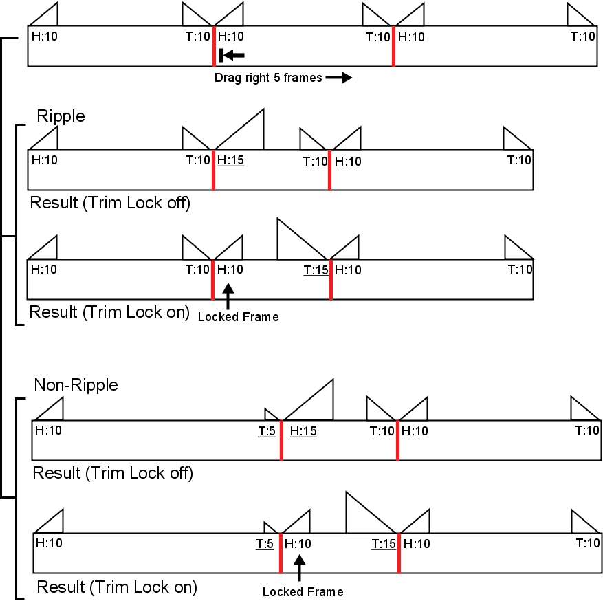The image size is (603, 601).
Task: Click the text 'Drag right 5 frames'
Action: [268, 78]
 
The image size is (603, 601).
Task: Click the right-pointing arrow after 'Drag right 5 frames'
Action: [339, 78]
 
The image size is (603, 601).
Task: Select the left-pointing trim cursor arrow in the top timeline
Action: [232, 56]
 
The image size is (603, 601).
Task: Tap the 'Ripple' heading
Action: [61, 116]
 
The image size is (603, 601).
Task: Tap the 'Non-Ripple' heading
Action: [76, 385]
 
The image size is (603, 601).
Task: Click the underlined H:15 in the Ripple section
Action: [231, 160]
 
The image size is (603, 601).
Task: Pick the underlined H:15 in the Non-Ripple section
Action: [303, 431]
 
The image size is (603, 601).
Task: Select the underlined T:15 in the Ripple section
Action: [316, 270]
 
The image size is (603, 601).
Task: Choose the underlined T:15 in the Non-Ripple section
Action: [384, 544]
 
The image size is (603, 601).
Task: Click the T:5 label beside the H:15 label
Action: [267, 431]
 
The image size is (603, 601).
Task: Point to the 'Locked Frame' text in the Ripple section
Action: [239, 317]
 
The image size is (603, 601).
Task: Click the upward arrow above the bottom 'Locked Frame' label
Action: [300, 568]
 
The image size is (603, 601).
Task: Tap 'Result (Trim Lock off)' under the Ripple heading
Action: [110, 203]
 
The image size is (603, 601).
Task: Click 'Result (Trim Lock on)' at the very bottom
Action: [117, 587]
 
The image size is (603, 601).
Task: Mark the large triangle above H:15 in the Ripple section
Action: [239, 129]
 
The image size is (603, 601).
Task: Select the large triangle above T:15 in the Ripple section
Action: [303, 239]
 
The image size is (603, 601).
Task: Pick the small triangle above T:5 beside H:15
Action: [272, 414]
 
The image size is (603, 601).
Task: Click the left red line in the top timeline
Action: [215, 46]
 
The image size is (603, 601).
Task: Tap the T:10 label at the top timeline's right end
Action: [583, 36]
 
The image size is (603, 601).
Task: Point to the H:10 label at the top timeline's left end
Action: [45, 36]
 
